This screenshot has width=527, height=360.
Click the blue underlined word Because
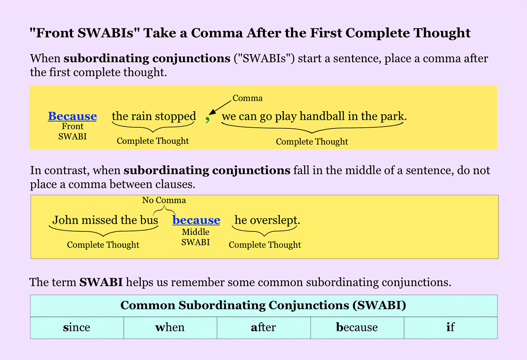coord(72,116)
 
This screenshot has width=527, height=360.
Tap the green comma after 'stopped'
coord(207,119)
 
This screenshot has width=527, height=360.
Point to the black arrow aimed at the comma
coord(220,108)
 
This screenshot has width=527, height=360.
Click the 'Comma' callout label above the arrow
coord(248,98)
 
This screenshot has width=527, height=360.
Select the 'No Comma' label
coord(164,200)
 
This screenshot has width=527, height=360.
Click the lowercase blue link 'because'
coord(196,220)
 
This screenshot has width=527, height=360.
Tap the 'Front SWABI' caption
coord(72,131)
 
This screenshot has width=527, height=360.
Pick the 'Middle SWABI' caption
coord(195,237)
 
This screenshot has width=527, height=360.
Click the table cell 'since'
coord(77,328)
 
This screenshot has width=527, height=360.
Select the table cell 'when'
coord(170,328)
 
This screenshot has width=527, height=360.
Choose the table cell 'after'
coord(263,328)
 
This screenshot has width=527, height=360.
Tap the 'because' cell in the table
coord(357,328)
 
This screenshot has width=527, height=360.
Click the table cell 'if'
coord(451,328)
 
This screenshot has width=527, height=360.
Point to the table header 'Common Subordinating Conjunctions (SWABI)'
coord(263,306)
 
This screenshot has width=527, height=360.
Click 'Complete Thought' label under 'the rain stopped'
coord(153,141)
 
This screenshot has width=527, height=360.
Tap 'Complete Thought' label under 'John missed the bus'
coord(103,245)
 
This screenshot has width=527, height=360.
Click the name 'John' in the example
coord(65,220)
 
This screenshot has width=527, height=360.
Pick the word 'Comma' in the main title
coord(217,33)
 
